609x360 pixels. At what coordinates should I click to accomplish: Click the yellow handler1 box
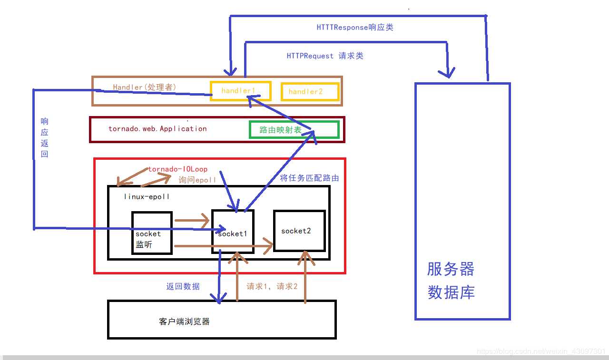pos(240,91)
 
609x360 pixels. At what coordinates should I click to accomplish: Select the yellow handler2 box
pos(310,92)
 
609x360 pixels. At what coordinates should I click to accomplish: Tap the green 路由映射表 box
pos(294,130)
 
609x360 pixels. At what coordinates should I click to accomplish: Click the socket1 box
pos(232,232)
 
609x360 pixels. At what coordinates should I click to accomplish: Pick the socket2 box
pos(299,231)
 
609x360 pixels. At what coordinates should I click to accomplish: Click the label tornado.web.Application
pos(157,129)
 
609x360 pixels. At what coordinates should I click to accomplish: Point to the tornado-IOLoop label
pos(177,169)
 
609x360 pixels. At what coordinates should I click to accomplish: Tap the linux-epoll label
pos(147,196)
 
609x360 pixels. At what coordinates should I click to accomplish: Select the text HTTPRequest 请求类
pos(325,56)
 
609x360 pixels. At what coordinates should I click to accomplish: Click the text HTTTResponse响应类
pos(355,27)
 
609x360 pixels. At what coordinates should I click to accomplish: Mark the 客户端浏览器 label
pos(184,321)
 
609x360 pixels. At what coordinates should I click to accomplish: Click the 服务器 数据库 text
pos(451,281)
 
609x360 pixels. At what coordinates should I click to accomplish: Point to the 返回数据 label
pos(183,286)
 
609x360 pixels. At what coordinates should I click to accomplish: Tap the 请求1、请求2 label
pos(272,286)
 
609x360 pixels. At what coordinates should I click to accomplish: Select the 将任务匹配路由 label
pos(309,178)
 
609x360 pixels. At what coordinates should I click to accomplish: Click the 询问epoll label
pos(197,180)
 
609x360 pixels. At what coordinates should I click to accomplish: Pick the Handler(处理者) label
pos(145,87)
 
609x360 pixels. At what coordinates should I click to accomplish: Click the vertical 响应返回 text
pos(44,137)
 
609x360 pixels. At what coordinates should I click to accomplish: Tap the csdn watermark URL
pos(541,351)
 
